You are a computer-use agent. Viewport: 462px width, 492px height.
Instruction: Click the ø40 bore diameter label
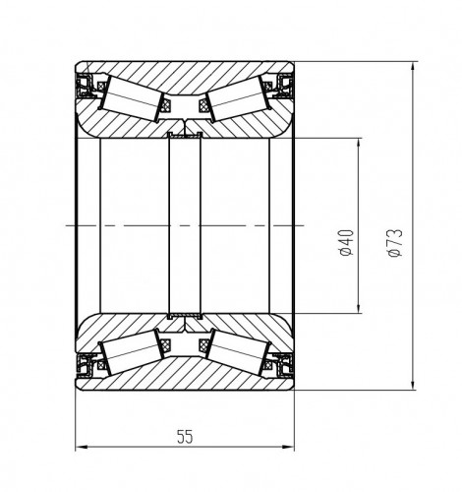click(347, 243)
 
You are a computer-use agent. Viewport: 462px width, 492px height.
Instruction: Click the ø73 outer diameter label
click(394, 243)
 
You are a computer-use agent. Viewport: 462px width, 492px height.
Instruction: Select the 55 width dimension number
click(185, 437)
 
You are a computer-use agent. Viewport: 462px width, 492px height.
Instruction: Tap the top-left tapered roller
click(134, 97)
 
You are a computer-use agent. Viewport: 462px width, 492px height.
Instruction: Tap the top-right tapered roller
click(237, 97)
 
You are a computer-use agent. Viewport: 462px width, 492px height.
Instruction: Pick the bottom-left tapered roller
click(134, 353)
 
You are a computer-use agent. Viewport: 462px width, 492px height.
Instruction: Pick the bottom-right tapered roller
click(237, 353)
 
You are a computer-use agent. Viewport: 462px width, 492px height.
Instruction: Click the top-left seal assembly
click(86, 87)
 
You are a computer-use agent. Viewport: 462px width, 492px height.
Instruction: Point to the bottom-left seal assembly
click(86, 364)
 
